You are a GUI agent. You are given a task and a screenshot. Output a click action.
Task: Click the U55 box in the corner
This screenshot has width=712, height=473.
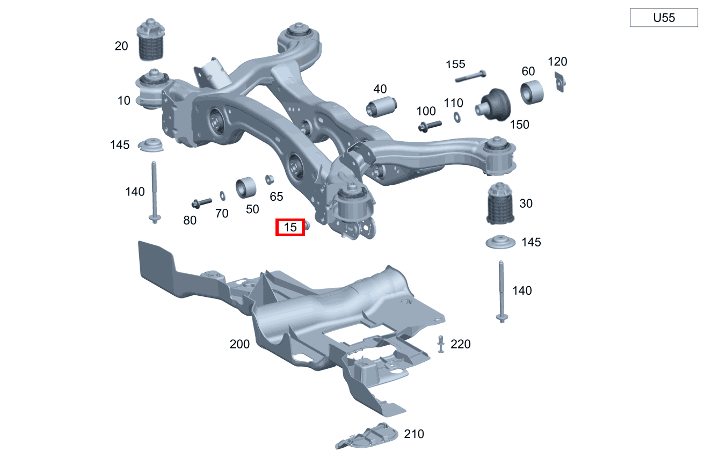click(664, 18)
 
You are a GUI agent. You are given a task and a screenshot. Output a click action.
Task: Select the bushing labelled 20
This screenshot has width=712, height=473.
click(151, 41)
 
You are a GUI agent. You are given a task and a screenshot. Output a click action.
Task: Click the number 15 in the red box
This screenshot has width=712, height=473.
click(290, 228)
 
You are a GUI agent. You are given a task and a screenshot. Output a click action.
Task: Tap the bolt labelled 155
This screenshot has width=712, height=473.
click(470, 76)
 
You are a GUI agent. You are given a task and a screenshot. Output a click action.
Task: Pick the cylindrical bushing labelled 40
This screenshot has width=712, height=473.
click(381, 106)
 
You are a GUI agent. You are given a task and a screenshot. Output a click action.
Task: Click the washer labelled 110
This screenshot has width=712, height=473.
click(457, 117)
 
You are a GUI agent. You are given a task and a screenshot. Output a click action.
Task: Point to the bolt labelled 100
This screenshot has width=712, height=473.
click(430, 126)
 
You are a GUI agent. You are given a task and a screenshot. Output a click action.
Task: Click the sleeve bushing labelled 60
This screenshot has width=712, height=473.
click(532, 91)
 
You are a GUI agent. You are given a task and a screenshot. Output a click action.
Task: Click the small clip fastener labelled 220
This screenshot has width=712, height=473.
click(441, 344)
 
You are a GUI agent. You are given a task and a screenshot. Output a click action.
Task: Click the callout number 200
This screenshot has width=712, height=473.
click(239, 344)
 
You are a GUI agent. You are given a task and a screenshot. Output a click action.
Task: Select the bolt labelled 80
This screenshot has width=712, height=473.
click(201, 202)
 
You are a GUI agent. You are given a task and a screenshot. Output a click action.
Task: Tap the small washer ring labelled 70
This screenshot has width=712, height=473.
click(222, 194)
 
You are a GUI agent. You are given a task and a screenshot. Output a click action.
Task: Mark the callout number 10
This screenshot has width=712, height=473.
click(124, 100)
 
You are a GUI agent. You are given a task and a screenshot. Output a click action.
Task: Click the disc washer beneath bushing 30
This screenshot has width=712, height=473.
click(500, 243)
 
